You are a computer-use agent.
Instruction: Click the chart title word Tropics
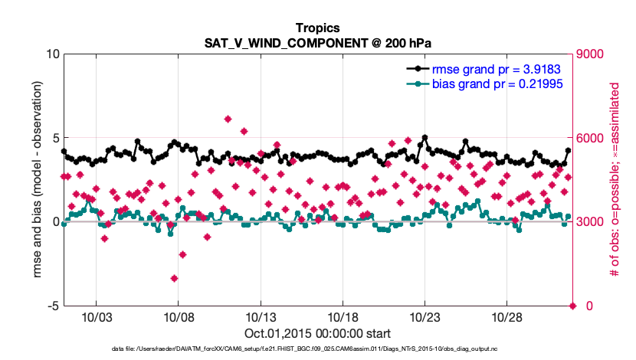pyautogui.click(x=316, y=28)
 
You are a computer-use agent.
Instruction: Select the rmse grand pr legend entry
pyautogui.click(x=490, y=67)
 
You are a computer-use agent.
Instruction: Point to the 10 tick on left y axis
pyautogui.click(x=52, y=54)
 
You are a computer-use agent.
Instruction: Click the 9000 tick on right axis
pyautogui.click(x=591, y=54)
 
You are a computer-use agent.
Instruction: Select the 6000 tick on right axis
pyautogui.click(x=591, y=139)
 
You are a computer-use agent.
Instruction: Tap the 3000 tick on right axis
pyautogui.click(x=591, y=222)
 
